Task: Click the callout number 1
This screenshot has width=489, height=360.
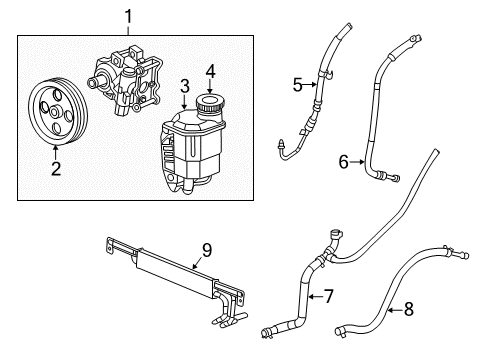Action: tap(127, 16)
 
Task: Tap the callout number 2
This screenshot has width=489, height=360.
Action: tap(56, 168)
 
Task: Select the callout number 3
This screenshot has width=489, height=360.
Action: tap(183, 87)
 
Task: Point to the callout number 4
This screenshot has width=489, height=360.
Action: tap(210, 71)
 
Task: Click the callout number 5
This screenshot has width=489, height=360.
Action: tap(296, 85)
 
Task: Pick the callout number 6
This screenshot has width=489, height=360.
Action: tap(342, 159)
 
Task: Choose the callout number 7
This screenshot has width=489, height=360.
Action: tap(327, 296)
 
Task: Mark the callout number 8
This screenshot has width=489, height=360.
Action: tap(408, 311)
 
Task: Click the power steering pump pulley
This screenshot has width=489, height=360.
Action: tap(56, 112)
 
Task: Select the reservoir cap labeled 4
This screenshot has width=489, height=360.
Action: tap(211, 105)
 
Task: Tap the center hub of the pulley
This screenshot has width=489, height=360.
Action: tap(56, 112)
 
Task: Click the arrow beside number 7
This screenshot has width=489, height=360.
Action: tap(314, 296)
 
